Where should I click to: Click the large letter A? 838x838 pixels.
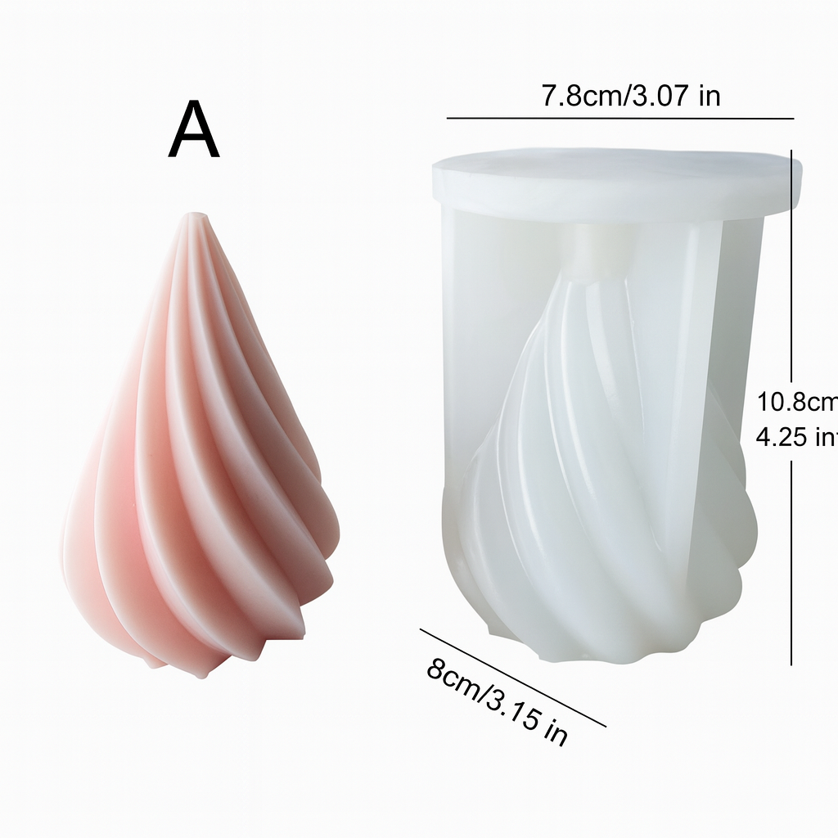[194, 133]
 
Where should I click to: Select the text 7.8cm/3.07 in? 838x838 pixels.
[630, 96]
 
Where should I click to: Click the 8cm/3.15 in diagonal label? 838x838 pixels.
[496, 702]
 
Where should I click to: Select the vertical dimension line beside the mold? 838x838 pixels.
[792, 409]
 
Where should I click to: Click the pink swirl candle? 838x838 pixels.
[200, 458]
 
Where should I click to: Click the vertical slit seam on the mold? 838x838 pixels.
[702, 368]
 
